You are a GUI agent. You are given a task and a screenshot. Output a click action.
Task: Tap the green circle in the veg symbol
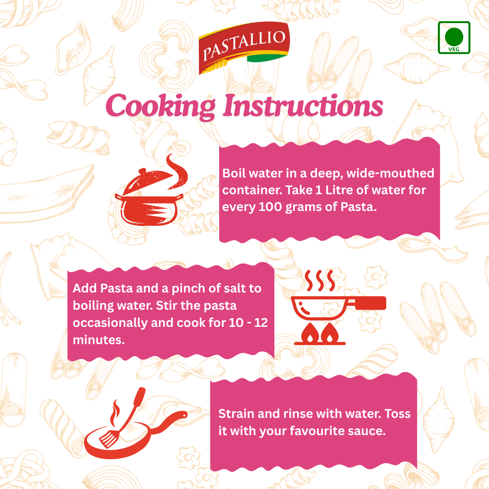click(x=454, y=37)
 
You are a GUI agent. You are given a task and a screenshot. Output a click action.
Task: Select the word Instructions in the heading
click(x=303, y=105)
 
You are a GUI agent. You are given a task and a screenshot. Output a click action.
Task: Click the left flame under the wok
click(x=310, y=333)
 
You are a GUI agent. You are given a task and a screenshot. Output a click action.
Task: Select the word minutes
click(x=99, y=340)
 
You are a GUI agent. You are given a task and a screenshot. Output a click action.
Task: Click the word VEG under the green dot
click(x=454, y=49)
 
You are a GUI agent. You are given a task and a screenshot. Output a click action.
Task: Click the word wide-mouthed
click(x=390, y=173)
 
